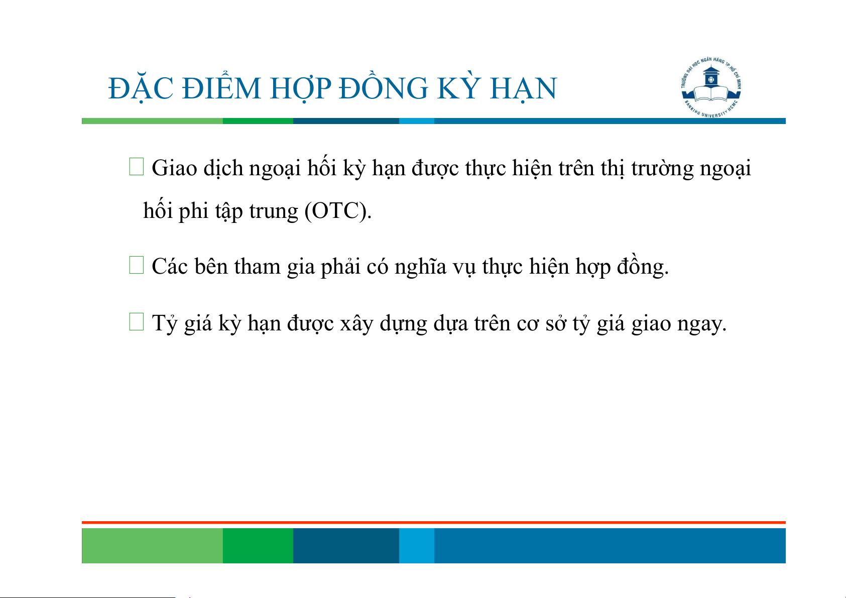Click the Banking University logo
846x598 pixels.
click(x=711, y=87)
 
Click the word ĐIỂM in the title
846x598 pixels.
click(x=221, y=88)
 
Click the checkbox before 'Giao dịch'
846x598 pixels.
click(x=137, y=167)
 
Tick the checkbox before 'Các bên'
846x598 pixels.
click(x=137, y=265)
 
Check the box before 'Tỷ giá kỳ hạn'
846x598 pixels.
click(x=137, y=321)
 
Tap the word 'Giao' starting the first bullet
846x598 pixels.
click(x=174, y=168)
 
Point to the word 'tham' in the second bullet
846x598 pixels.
click(x=257, y=267)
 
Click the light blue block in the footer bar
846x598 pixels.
click(x=417, y=545)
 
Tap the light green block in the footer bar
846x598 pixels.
click(x=152, y=545)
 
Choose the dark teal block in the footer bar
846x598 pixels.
click(x=346, y=545)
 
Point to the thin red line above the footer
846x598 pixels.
click(x=434, y=523)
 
